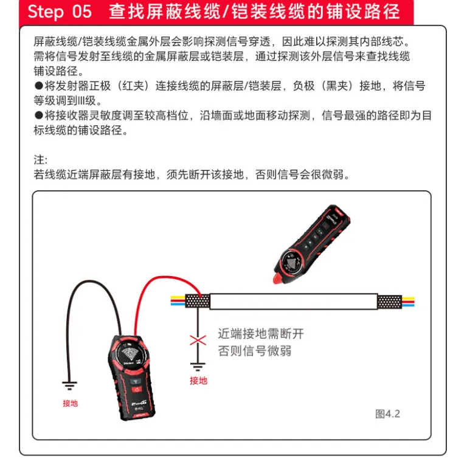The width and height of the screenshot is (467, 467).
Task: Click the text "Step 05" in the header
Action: pyautogui.click(x=60, y=12)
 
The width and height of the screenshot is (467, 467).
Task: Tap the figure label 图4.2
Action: pyautogui.click(x=387, y=413)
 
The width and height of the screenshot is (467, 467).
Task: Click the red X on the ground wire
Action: pyautogui.click(x=198, y=340)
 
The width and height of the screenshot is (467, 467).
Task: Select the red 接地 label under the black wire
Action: pyautogui.click(x=71, y=403)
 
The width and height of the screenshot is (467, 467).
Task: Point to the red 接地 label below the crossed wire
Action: pyautogui.click(x=199, y=380)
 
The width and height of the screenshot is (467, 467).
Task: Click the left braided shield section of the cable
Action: pyautogui.click(x=198, y=301)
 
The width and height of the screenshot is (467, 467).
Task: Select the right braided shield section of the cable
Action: pyautogui.click(x=390, y=302)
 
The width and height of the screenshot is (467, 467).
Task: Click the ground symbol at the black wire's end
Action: pyautogui.click(x=70, y=386)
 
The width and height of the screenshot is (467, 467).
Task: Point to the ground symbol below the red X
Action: pyautogui.click(x=198, y=367)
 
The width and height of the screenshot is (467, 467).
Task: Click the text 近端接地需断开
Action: pyautogui.click(x=261, y=334)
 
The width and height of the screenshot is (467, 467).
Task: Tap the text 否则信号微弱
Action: pyautogui.click(x=255, y=351)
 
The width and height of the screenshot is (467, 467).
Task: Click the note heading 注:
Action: pyautogui.click(x=40, y=160)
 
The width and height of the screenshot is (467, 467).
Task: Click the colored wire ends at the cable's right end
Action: pyautogui.click(x=408, y=302)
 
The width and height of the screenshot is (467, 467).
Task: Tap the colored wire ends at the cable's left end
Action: pyautogui.click(x=178, y=301)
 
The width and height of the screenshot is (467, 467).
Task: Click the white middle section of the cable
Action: pyautogui.click(x=294, y=302)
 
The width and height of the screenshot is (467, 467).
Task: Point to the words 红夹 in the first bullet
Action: pyautogui.click(x=133, y=86)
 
